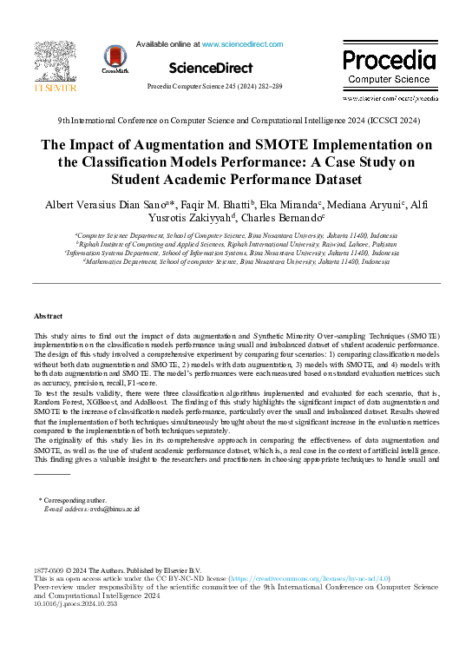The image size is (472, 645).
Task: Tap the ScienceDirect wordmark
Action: click(x=210, y=68)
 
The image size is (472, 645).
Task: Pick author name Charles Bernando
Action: click(x=287, y=218)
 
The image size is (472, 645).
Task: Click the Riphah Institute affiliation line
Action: click(x=236, y=244)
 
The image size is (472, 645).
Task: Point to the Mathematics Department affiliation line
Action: click(x=236, y=261)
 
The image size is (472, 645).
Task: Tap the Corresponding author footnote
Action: click(x=74, y=501)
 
